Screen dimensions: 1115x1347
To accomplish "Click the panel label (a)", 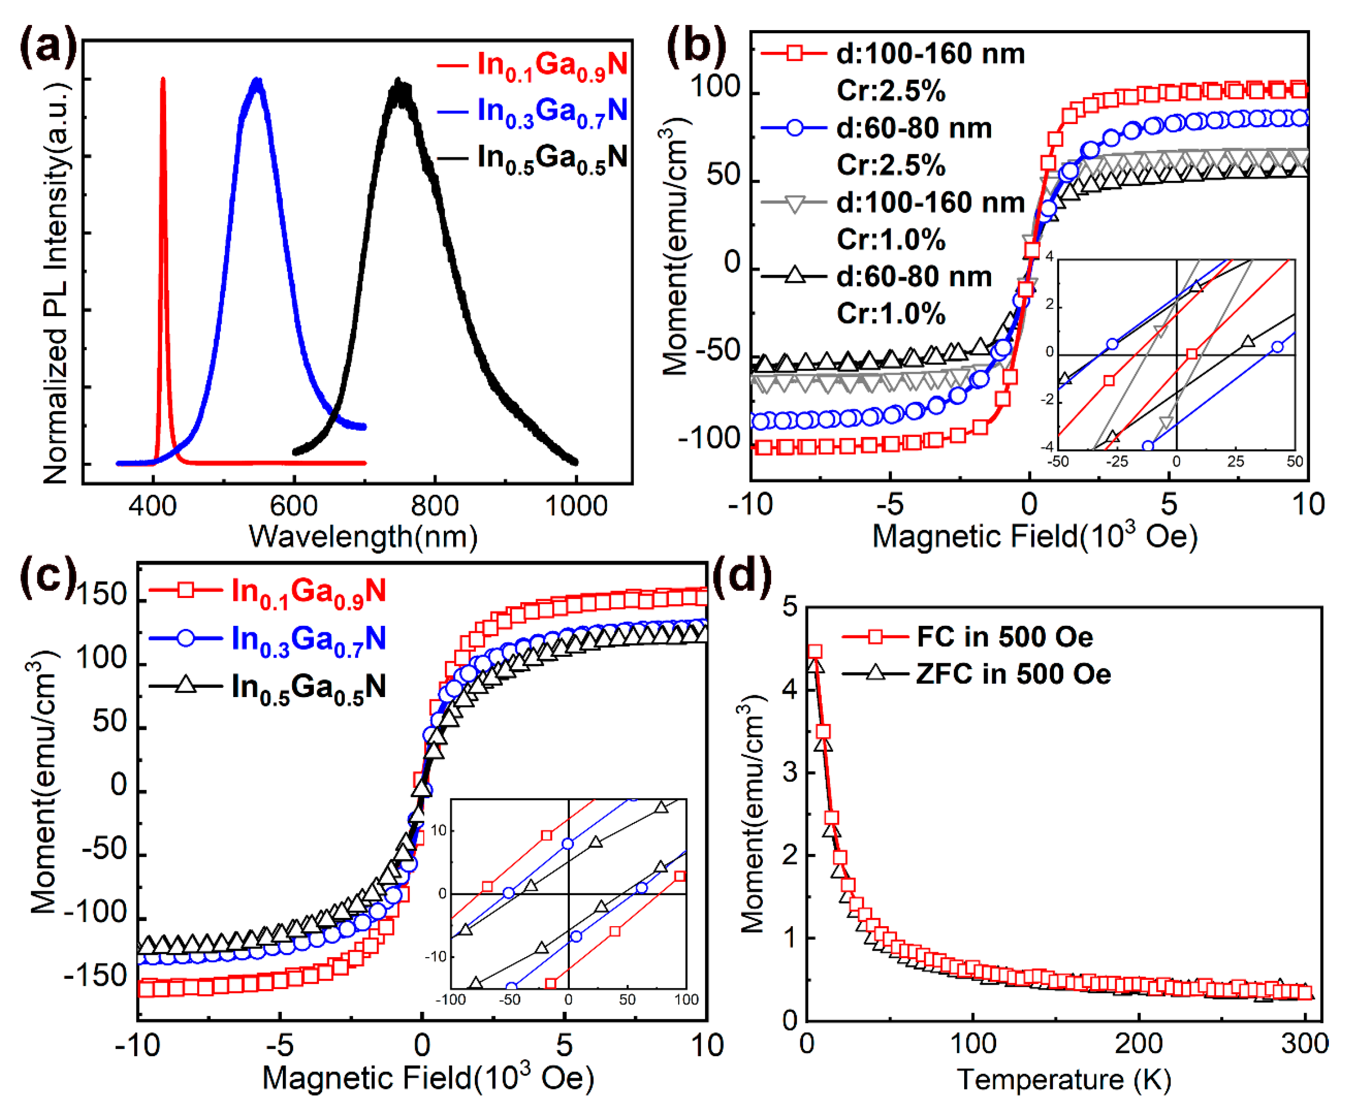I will click(x=48, y=48).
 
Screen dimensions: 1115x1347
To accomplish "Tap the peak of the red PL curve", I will click(x=163, y=80).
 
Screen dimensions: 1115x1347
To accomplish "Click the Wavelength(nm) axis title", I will click(x=363, y=536).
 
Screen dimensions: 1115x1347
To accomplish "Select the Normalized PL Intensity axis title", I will click(x=56, y=282).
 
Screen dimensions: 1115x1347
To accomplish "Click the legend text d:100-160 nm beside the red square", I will click(x=930, y=54).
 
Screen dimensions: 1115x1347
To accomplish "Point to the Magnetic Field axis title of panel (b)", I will click(x=1035, y=536).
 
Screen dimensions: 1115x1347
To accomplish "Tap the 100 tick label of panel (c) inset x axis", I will click(x=686, y=1000).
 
